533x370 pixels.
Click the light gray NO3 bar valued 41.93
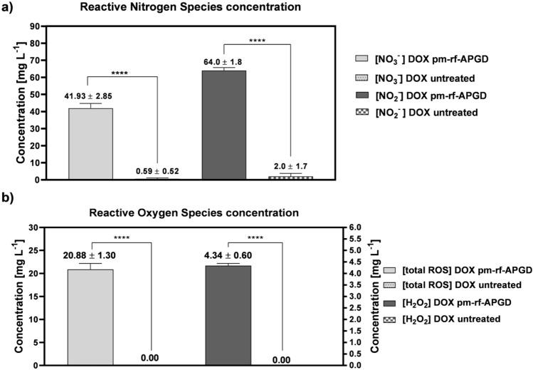pos(90,143)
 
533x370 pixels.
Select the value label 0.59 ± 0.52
pos(157,171)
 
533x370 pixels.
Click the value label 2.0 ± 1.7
pos(291,166)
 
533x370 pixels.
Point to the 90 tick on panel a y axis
pos(33,26)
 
